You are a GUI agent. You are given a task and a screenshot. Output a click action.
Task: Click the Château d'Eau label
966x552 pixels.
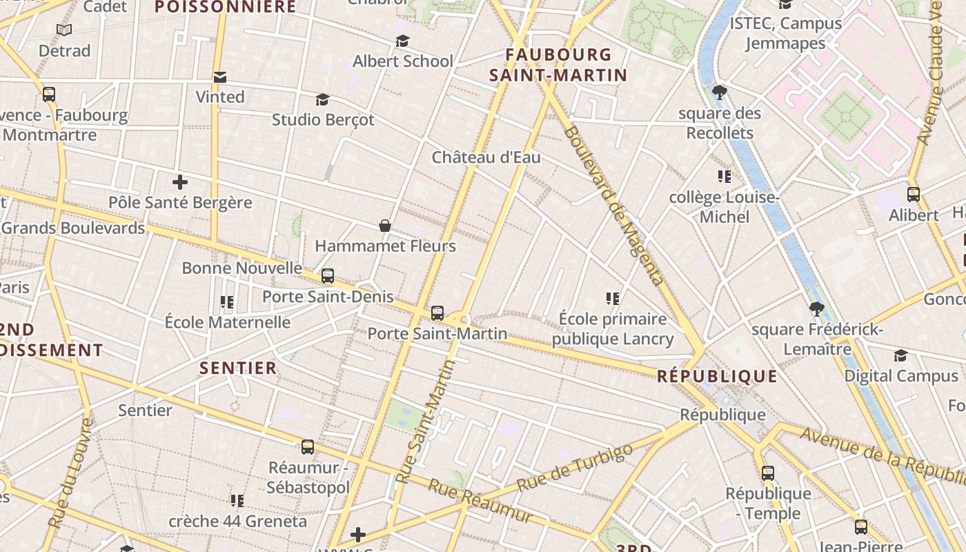pos(486,157)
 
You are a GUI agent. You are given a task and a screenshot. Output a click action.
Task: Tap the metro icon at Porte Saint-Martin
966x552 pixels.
pos(437,313)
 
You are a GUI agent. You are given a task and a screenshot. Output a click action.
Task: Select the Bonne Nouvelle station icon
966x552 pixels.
pos(328,276)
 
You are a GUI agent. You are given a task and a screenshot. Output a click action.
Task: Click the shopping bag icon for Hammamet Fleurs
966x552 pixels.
pos(385,226)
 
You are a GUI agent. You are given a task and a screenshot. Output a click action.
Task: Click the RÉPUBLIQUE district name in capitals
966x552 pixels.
pos(717,376)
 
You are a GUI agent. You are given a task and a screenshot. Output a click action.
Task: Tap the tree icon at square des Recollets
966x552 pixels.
pos(720,92)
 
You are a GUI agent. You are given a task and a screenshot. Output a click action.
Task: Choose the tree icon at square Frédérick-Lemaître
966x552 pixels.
pos(817,308)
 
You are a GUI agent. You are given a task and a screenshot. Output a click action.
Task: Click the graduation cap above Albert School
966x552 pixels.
pos(402,41)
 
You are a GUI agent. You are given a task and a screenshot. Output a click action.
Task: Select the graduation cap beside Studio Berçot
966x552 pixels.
pos(322,100)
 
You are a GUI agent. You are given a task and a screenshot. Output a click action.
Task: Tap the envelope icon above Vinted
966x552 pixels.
pos(220,77)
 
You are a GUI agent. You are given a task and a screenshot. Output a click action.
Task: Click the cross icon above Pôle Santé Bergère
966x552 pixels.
pos(180,182)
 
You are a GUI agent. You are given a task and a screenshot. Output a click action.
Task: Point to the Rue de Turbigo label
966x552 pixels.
pos(574,467)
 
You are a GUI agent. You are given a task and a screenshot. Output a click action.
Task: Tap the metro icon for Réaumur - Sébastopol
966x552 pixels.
pos(308,447)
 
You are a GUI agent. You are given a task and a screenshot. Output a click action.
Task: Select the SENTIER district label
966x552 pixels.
pos(238,368)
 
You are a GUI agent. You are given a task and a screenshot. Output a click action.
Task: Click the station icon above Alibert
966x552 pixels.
pos(914,195)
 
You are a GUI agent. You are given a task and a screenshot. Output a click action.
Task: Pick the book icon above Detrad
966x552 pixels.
pos(64,30)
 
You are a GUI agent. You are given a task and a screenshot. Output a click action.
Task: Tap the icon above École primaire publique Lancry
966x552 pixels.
pos(613,298)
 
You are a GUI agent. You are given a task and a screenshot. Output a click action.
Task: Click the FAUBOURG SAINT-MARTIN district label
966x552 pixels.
pos(558,65)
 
